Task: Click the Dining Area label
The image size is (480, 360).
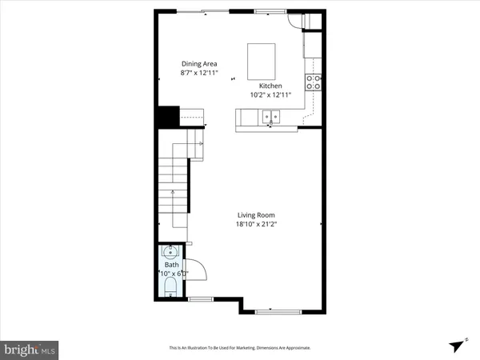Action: [x=200, y=64]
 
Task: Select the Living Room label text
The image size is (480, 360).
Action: [x=257, y=214]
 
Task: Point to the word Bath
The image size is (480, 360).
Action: [x=172, y=265]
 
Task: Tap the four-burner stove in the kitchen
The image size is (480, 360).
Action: [x=314, y=82]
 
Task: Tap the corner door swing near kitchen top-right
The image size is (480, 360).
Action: [x=296, y=22]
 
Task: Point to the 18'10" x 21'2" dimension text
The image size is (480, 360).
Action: [x=257, y=225]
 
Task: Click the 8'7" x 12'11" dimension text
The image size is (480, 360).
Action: [x=200, y=74]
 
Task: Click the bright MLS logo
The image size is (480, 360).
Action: [x=30, y=350]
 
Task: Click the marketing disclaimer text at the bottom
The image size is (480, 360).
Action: [x=239, y=348]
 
